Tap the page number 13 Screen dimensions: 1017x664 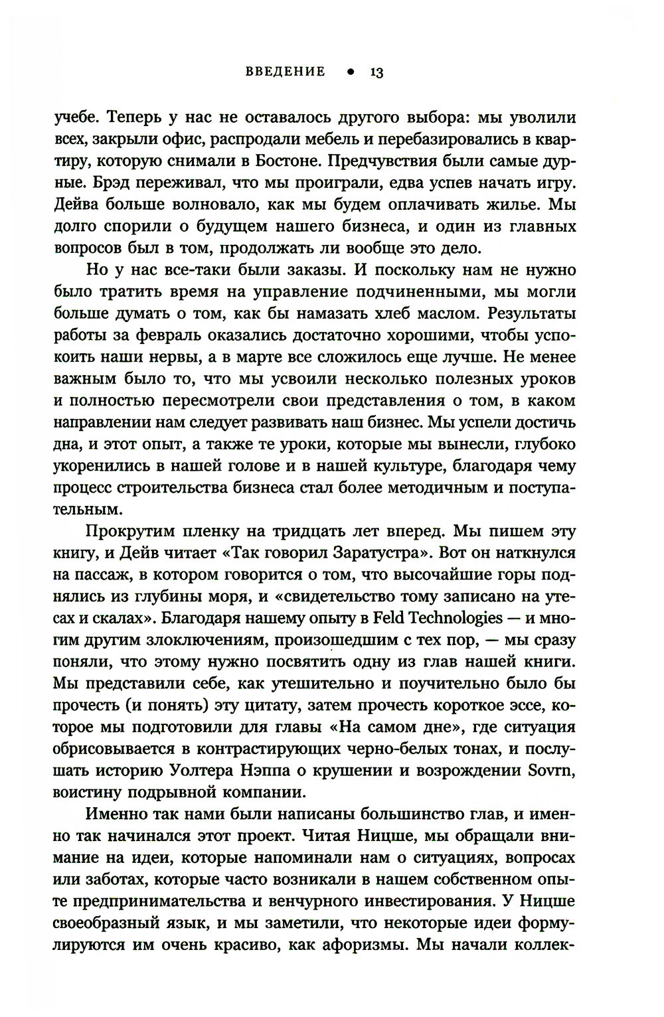pos(376,72)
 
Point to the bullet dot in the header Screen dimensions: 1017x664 pos(349,72)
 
